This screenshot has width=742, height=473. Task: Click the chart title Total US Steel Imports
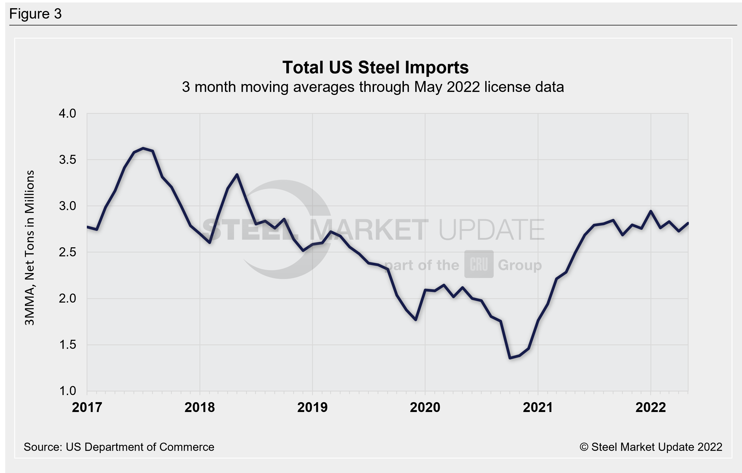[375, 67]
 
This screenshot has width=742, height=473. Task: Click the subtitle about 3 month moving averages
[373, 87]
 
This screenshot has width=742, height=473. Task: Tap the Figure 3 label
[35, 14]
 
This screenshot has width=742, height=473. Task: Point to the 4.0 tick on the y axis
[67, 114]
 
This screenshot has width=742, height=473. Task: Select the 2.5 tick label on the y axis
[67, 252]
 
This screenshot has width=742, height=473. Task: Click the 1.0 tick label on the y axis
[67, 391]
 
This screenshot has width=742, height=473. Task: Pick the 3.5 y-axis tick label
[67, 160]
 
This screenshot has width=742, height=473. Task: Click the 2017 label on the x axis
[87, 407]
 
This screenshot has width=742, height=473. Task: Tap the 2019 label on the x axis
[312, 407]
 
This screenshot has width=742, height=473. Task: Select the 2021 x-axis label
[538, 407]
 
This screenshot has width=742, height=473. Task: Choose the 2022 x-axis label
[650, 407]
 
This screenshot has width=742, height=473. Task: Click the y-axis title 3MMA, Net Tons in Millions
[30, 248]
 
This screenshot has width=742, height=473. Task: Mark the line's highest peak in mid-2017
[143, 148]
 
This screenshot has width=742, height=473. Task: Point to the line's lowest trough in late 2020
[510, 358]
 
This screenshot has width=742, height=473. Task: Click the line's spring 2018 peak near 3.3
[237, 175]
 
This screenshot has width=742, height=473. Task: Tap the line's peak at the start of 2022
[650, 211]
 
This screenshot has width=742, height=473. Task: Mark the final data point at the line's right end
[688, 224]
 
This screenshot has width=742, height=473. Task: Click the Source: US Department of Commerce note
[119, 447]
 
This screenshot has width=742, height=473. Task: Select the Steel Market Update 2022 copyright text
[651, 447]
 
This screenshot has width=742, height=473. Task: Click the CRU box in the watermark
[479, 264]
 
